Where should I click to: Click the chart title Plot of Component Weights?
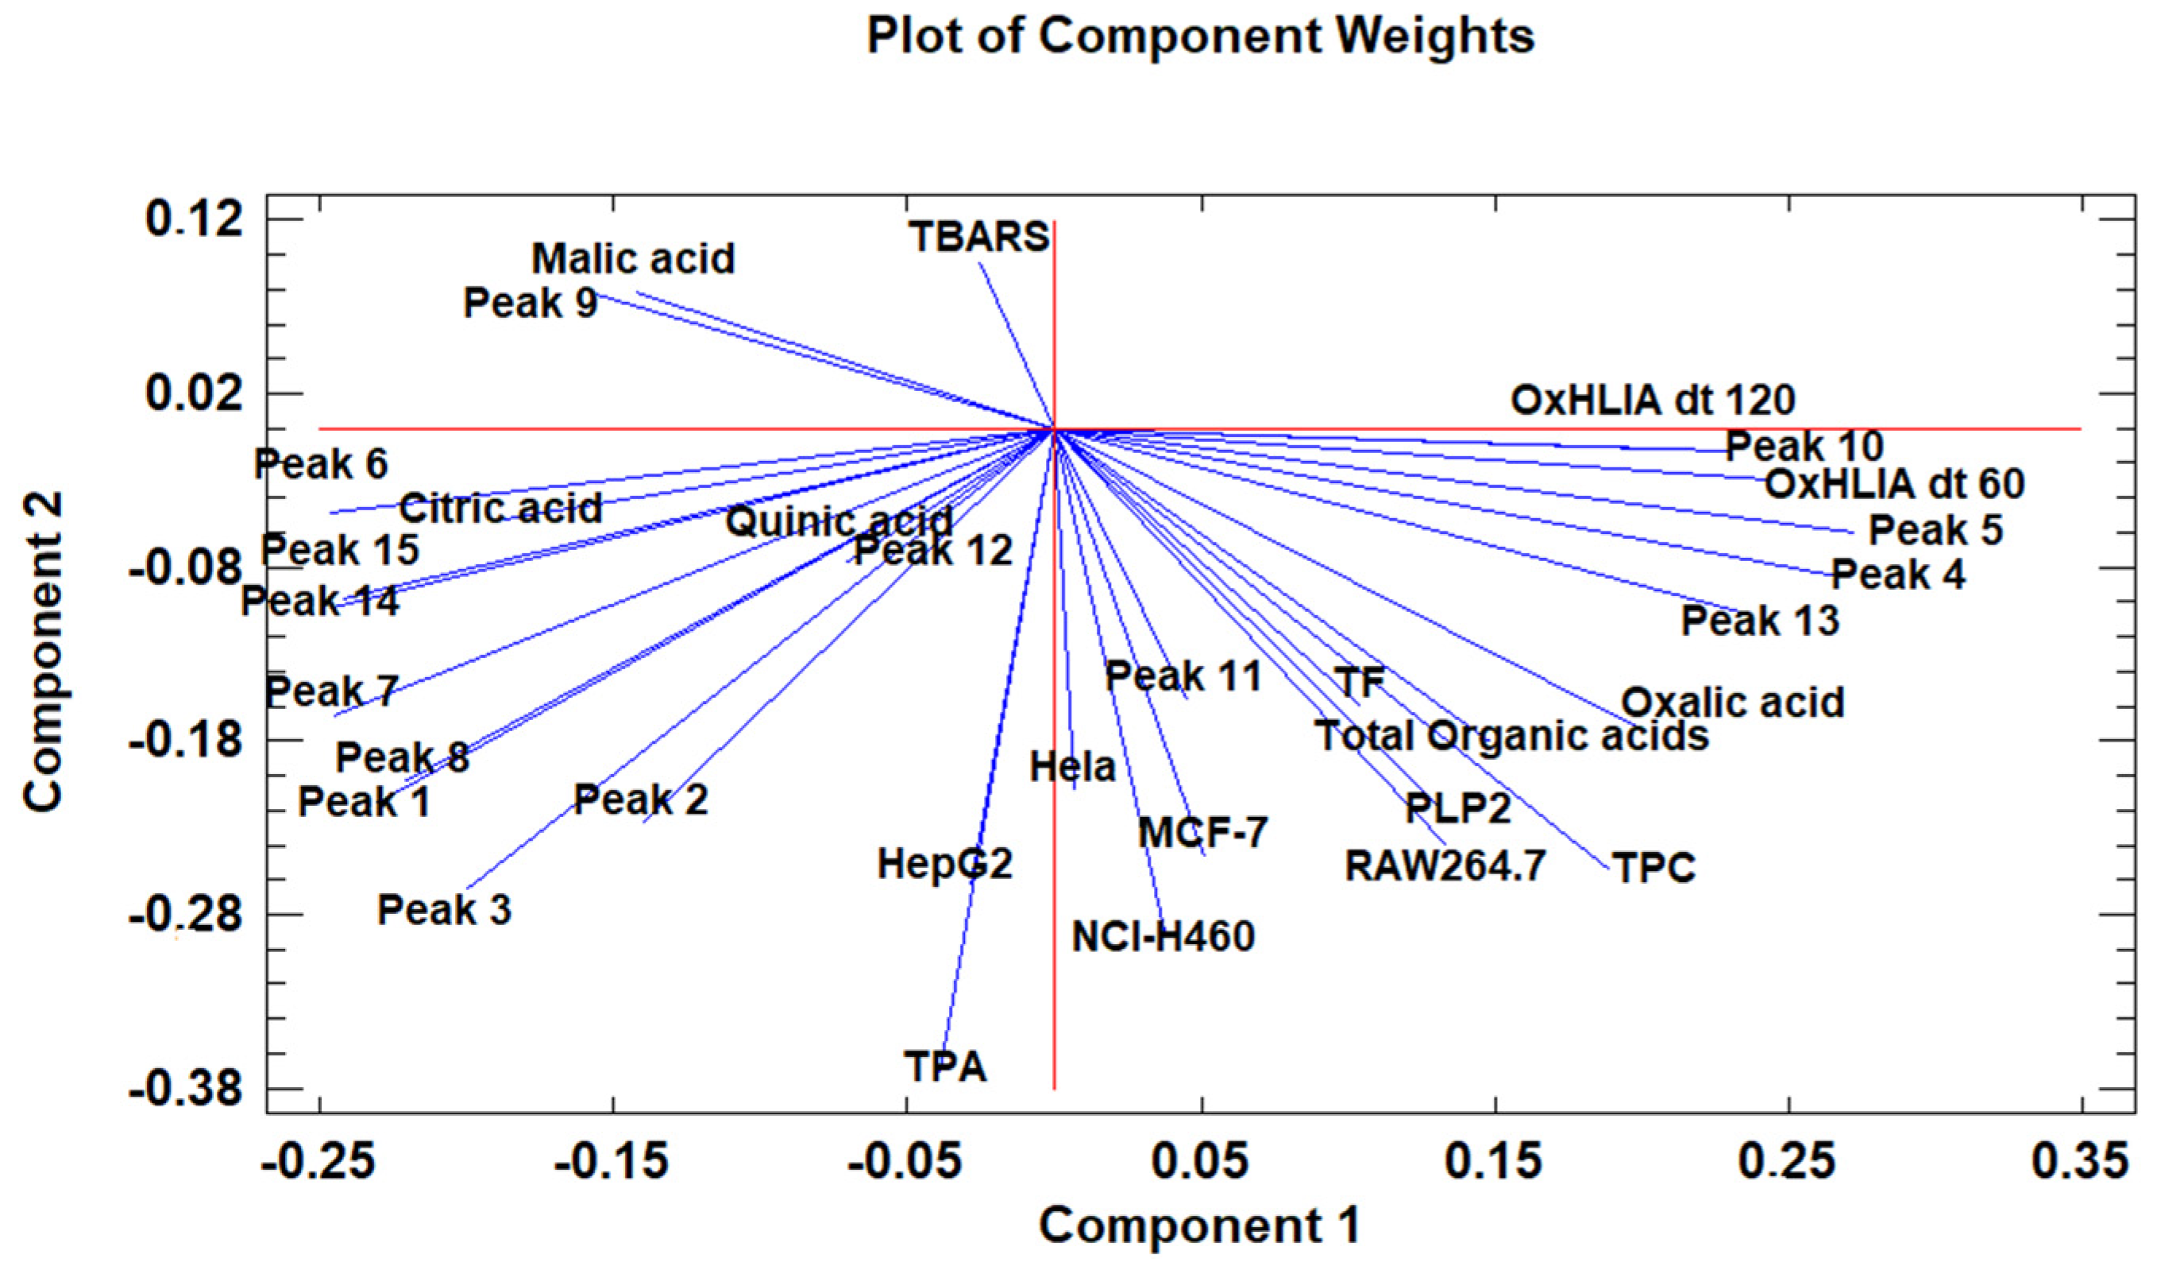pyautogui.click(x=1200, y=36)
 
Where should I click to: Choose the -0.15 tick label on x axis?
pyautogui.click(x=612, y=1162)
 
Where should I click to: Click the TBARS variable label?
pyautogui.click(x=979, y=236)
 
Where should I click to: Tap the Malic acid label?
pyautogui.click(x=634, y=258)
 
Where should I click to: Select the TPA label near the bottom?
pyautogui.click(x=946, y=1067)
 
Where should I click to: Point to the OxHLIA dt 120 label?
pyautogui.click(x=1652, y=400)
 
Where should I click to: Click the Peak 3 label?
pyautogui.click(x=444, y=909)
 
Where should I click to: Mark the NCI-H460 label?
pyautogui.click(x=1163, y=937)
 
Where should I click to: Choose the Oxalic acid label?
pyautogui.click(x=1732, y=703)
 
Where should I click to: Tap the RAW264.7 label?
pyautogui.click(x=1445, y=865)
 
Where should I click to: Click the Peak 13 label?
pyautogui.click(x=1760, y=621)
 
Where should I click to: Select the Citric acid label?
pyautogui.click(x=500, y=509)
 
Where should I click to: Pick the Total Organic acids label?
pyautogui.click(x=1511, y=736)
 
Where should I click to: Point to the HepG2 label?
pyautogui.click(x=945, y=864)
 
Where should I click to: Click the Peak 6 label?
pyautogui.click(x=321, y=464)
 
